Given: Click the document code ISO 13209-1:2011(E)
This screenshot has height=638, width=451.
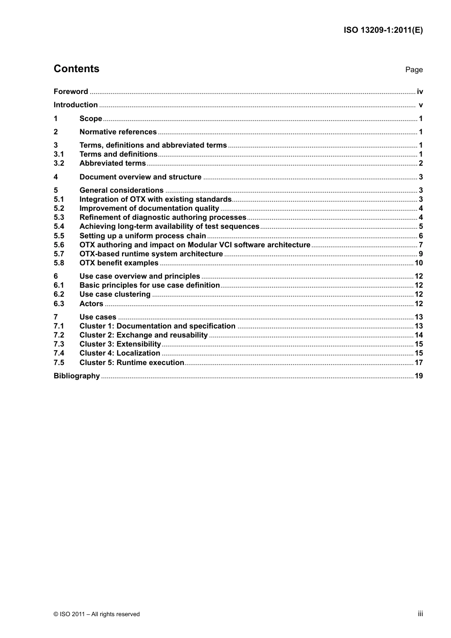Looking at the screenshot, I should [x=383, y=30].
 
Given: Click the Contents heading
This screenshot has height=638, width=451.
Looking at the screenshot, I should [x=76, y=69].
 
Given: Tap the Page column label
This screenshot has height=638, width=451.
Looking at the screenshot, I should [x=413, y=70].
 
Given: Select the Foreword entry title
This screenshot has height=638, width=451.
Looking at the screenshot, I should [x=71, y=92].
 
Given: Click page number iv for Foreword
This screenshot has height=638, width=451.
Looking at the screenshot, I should [x=420, y=92].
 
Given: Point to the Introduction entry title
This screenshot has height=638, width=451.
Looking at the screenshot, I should [x=75, y=105].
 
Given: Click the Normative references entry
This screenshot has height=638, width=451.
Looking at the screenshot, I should [x=118, y=132].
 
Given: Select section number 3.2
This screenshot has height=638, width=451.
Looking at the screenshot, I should [x=59, y=163].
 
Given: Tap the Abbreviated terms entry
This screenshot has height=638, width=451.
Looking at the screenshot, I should [x=113, y=163].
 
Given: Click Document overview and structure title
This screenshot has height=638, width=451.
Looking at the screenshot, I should [x=141, y=177].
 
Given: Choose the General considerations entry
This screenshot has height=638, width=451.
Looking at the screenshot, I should [x=122, y=190].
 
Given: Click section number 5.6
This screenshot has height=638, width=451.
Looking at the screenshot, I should [x=59, y=245].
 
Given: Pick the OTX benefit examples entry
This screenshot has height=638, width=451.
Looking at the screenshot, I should [x=119, y=263].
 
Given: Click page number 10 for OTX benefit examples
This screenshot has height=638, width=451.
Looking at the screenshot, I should [x=418, y=263].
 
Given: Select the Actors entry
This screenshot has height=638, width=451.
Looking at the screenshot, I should [x=91, y=304].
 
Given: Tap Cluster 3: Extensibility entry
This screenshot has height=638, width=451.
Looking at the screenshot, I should [x=120, y=344].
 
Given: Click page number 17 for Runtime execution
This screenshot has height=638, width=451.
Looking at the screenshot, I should [x=418, y=363].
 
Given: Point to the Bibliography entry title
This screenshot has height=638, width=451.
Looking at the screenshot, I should [x=76, y=376].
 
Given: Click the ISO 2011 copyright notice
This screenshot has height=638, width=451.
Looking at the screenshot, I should [x=97, y=614].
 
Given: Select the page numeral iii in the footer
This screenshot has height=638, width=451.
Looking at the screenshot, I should [x=420, y=614].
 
